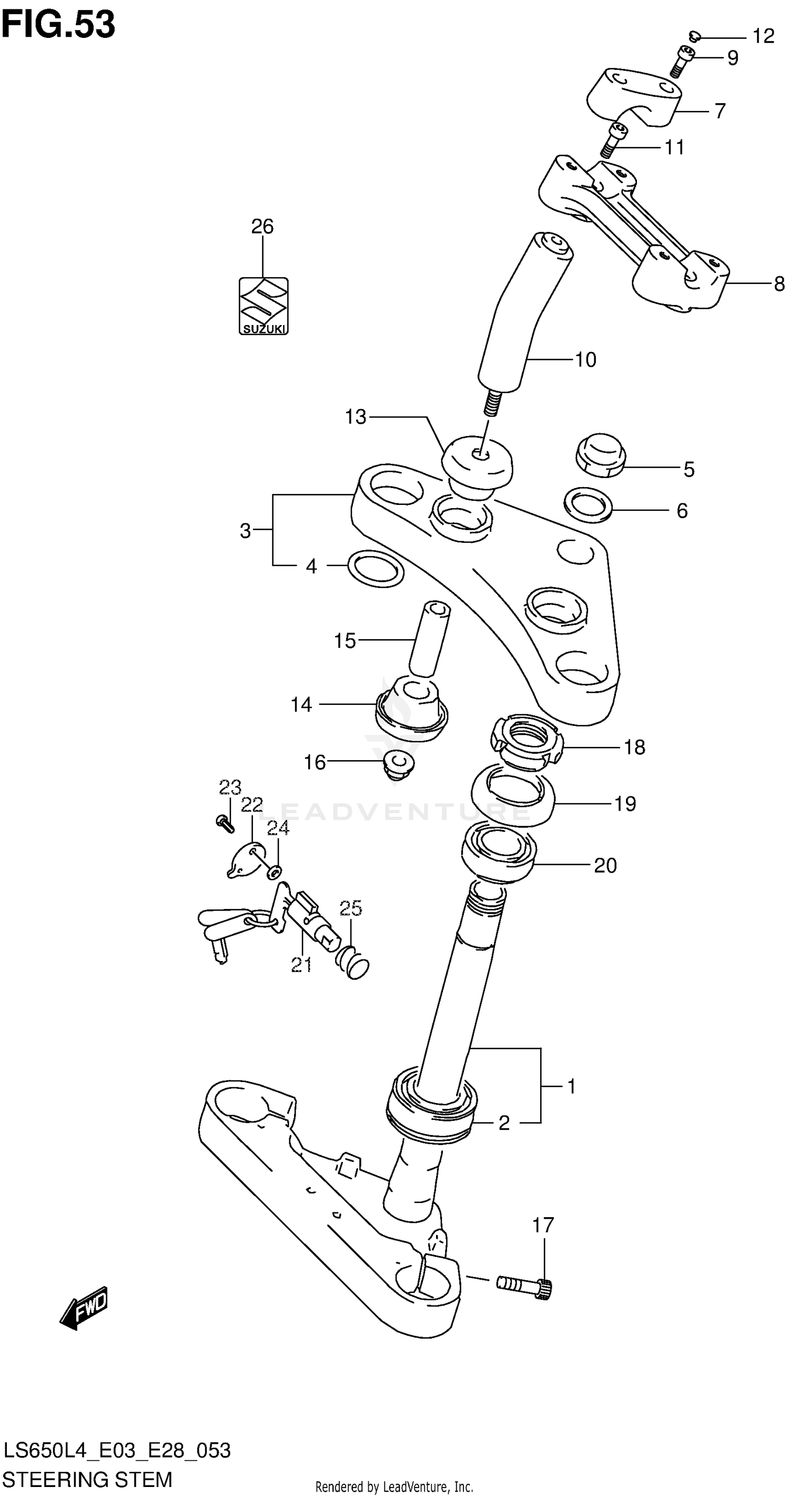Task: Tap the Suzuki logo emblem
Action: click(x=263, y=306)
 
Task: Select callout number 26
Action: click(x=262, y=226)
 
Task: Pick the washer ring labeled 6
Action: click(x=588, y=504)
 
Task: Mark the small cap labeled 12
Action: click(x=694, y=37)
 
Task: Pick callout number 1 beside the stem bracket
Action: click(x=571, y=1086)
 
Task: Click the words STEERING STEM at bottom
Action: click(x=87, y=1479)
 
